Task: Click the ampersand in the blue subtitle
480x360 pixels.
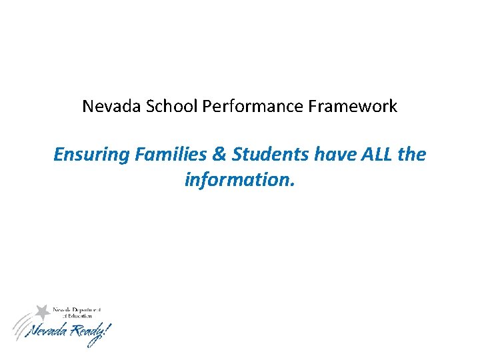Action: coord(217,155)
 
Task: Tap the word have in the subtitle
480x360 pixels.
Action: coord(329,155)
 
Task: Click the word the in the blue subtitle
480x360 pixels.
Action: coord(412,155)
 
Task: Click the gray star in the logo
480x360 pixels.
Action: coord(43,311)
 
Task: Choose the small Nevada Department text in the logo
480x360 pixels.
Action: coord(77,310)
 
